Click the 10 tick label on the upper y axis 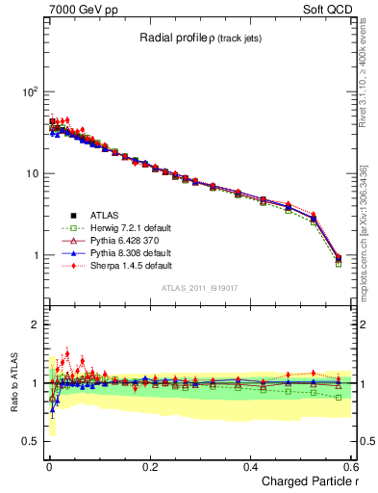[31, 173]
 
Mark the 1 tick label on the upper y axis [35, 256]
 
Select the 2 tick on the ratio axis [35, 324]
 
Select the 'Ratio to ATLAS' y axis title [12, 382]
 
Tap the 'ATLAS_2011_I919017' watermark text [198, 288]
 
